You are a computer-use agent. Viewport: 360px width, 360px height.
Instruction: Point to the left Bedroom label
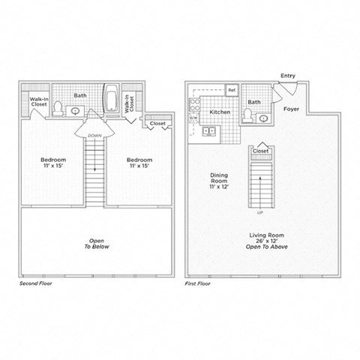53,160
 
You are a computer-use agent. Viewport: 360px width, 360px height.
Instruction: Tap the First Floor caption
199,285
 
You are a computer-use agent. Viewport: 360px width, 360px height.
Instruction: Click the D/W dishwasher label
193,118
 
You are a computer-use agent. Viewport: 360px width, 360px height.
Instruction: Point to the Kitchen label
220,111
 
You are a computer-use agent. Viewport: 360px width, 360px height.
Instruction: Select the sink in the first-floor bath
262,118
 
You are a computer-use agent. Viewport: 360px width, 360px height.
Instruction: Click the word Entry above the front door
287,76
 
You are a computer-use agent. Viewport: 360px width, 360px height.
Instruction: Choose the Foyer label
292,109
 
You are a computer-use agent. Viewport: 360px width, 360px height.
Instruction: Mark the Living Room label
265,235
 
